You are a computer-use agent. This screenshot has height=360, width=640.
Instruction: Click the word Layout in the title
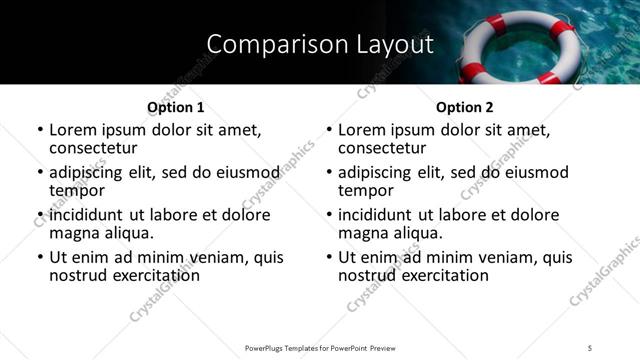pyautogui.click(x=394, y=43)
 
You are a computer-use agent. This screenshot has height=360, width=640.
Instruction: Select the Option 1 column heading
pyautogui.click(x=175, y=107)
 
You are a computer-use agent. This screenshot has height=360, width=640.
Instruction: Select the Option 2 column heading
pyautogui.click(x=465, y=107)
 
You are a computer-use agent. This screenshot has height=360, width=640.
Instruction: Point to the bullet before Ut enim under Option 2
pyautogui.click(x=330, y=258)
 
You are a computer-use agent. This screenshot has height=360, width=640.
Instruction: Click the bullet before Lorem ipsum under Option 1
pyautogui.click(x=40, y=130)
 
